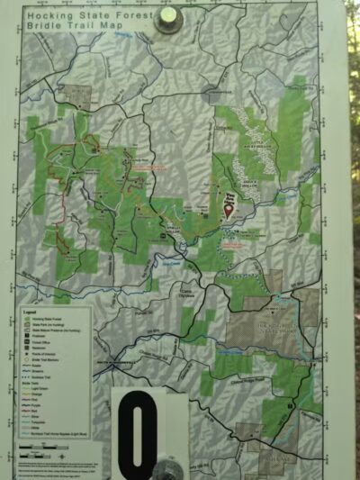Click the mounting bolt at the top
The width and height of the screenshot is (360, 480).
168,20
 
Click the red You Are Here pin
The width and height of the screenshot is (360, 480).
228,212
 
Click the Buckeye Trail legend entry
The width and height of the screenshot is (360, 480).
44,376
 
